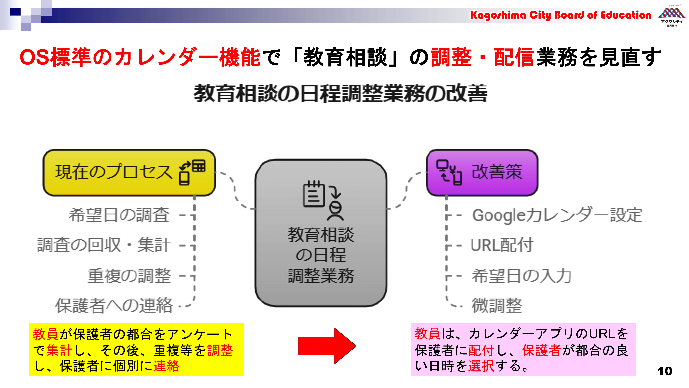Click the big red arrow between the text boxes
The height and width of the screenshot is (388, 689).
[x=327, y=346]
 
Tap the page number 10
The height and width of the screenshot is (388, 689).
[x=665, y=371]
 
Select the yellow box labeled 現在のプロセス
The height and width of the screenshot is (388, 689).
[x=129, y=172]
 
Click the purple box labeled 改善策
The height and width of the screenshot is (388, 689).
[x=482, y=172]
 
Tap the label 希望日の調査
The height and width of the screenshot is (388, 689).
[x=119, y=215]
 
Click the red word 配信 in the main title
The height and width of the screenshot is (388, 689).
[x=514, y=57]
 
